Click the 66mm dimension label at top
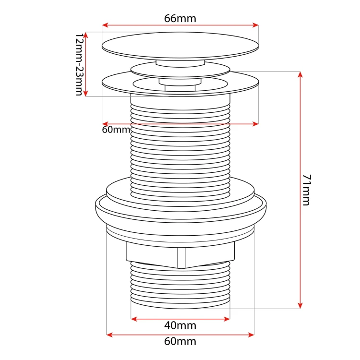coord(180,18)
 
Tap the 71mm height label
coord(307,190)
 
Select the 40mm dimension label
coord(180,325)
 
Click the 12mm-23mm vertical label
coord(79,64)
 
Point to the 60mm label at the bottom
coord(180,341)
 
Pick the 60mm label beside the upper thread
coord(116,130)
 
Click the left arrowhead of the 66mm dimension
coord(105,25)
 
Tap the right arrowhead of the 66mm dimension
coord(255,25)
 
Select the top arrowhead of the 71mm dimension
coord(300,74)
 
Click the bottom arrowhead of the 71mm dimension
coord(300,305)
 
